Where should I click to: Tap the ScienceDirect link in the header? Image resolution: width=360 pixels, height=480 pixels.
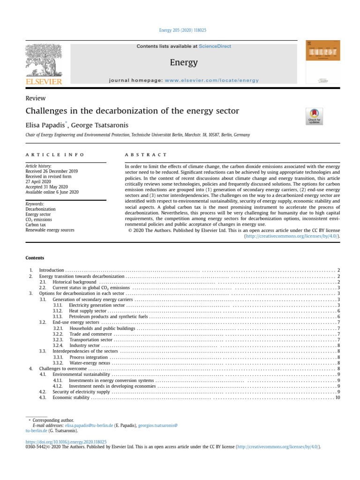[x=215, y=46]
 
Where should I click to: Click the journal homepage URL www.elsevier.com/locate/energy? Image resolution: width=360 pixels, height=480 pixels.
[x=211, y=80]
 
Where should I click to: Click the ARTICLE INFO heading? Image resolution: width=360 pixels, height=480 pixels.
[x=55, y=155]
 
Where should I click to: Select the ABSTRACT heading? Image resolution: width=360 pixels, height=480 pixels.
[x=146, y=155]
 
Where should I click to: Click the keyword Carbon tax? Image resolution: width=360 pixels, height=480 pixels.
[x=36, y=225]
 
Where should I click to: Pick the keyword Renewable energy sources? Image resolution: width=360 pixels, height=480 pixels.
[x=50, y=231]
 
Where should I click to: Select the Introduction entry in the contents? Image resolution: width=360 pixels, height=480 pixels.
[x=51, y=270]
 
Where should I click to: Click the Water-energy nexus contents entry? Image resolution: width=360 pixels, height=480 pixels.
[x=90, y=363]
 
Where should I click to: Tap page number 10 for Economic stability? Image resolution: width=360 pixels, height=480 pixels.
[x=337, y=397]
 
